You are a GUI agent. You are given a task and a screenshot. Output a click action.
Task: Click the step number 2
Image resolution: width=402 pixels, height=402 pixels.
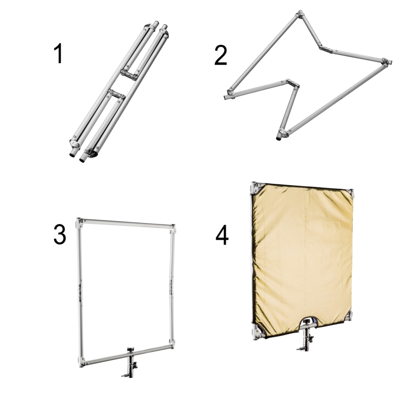(221, 55)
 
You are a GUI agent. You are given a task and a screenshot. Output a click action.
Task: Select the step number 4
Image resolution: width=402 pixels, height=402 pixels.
(222, 236)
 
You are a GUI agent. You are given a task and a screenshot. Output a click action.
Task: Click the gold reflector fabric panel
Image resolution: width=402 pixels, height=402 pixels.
(303, 259)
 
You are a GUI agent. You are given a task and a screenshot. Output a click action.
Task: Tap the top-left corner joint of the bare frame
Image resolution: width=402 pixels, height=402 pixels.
(79, 223)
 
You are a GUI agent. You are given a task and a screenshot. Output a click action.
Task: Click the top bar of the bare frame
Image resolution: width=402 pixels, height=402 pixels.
(127, 223)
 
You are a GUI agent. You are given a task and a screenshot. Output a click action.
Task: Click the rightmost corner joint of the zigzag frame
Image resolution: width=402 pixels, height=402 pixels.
(386, 62)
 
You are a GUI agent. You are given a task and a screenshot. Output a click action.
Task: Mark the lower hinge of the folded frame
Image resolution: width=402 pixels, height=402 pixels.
(117, 94)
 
